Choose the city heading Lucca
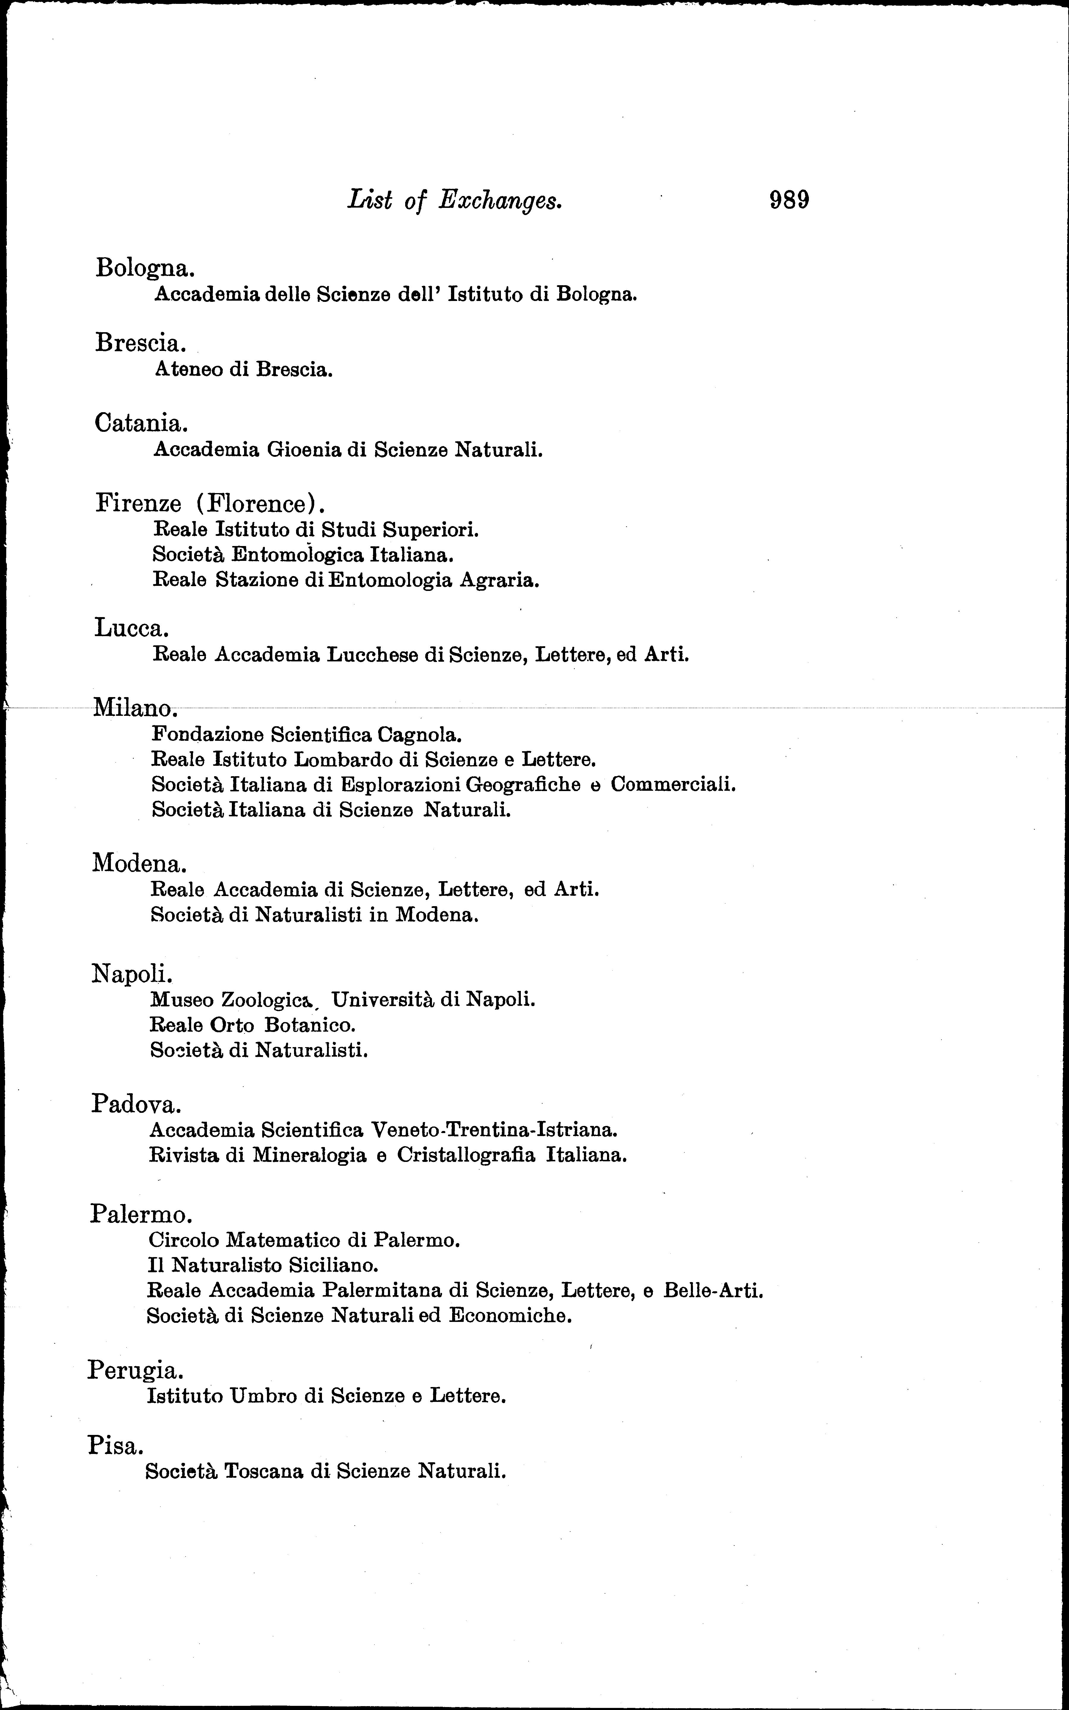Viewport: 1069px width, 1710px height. click(x=131, y=627)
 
